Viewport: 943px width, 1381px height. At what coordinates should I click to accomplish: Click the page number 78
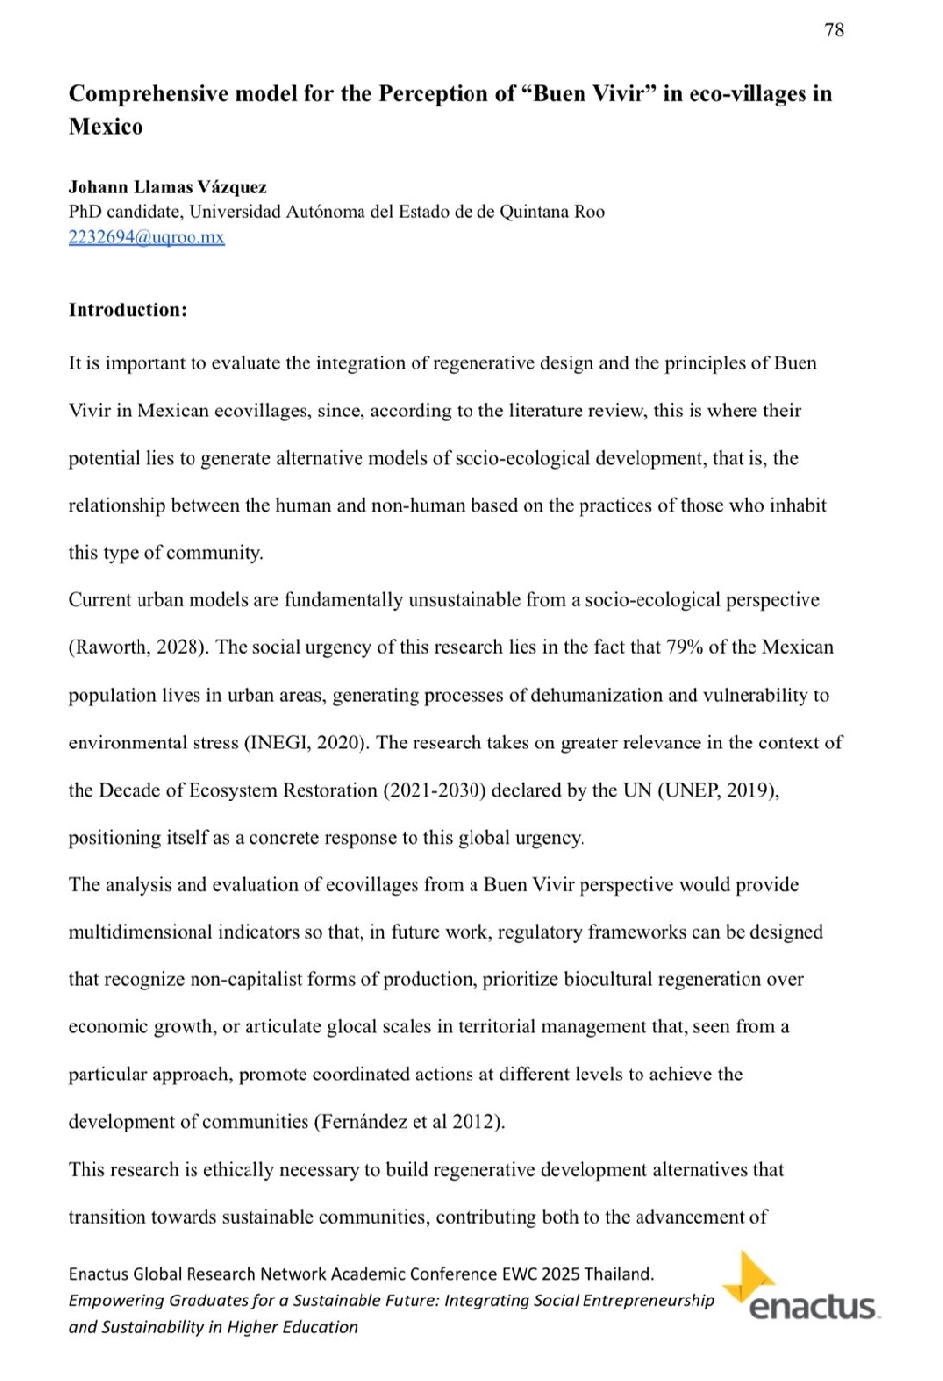click(833, 29)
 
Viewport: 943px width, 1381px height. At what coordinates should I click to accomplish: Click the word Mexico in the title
click(106, 127)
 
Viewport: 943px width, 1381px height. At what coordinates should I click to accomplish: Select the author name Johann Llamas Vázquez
click(167, 187)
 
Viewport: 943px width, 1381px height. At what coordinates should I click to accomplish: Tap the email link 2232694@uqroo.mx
click(146, 237)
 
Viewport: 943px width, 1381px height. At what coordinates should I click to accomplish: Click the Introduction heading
click(128, 310)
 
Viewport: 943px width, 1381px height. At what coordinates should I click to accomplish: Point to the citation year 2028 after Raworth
click(182, 647)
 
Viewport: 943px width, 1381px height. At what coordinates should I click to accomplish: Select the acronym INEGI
click(279, 743)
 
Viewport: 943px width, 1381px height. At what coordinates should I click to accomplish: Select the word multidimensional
click(139, 932)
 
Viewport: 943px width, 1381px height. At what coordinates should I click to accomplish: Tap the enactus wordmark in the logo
click(812, 1307)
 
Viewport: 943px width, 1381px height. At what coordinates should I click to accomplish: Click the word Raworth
click(109, 647)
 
